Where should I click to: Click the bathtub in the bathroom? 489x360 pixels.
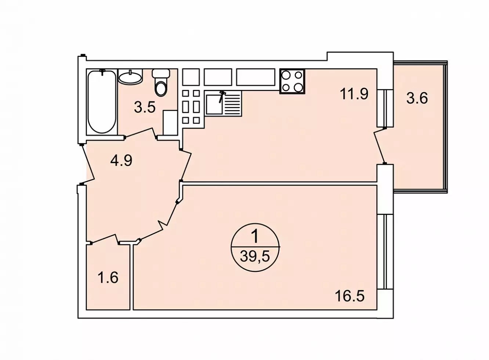(x=102, y=102)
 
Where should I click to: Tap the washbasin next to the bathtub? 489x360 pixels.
(x=130, y=77)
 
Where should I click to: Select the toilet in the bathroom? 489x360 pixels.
(x=161, y=82)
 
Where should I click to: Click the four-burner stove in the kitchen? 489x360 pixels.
(x=292, y=81)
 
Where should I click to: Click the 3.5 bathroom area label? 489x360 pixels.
(x=145, y=108)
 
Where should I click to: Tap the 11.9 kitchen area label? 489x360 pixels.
(x=354, y=94)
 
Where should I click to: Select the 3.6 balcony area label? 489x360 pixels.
(x=417, y=98)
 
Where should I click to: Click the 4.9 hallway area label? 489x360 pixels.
(x=122, y=161)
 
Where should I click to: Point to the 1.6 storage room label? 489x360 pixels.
(x=108, y=277)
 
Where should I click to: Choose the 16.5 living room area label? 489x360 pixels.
(x=350, y=296)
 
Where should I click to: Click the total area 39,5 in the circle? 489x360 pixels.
(x=255, y=256)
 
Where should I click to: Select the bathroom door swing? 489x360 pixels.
(x=141, y=133)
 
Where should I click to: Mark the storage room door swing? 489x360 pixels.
(x=105, y=239)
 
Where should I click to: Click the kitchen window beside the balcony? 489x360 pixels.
(x=385, y=108)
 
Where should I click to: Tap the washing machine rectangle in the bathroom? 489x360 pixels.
(x=170, y=123)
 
